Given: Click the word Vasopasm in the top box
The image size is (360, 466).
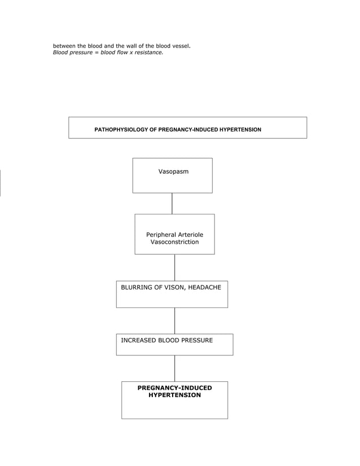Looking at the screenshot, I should (173, 171).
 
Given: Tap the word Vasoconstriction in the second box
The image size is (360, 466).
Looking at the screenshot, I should (174, 242).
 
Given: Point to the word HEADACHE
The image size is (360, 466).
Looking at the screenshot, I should (205, 288).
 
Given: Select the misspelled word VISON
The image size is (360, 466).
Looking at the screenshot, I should (174, 288).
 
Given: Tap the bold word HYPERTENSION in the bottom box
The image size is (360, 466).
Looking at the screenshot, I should (174, 395).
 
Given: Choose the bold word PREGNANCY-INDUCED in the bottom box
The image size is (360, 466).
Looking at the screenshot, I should (174, 388).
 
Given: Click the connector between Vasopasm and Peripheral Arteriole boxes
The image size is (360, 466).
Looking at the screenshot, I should (172, 203).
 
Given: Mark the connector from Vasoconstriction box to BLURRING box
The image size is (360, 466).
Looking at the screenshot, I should (174, 267).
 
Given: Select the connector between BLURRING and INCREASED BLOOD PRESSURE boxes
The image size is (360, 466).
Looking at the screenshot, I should (174, 320).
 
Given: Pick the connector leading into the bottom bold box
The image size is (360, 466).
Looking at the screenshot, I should (174, 368).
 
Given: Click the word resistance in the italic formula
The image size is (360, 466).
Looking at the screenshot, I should (147, 52).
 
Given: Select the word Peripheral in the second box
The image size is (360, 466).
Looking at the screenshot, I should (161, 235).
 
